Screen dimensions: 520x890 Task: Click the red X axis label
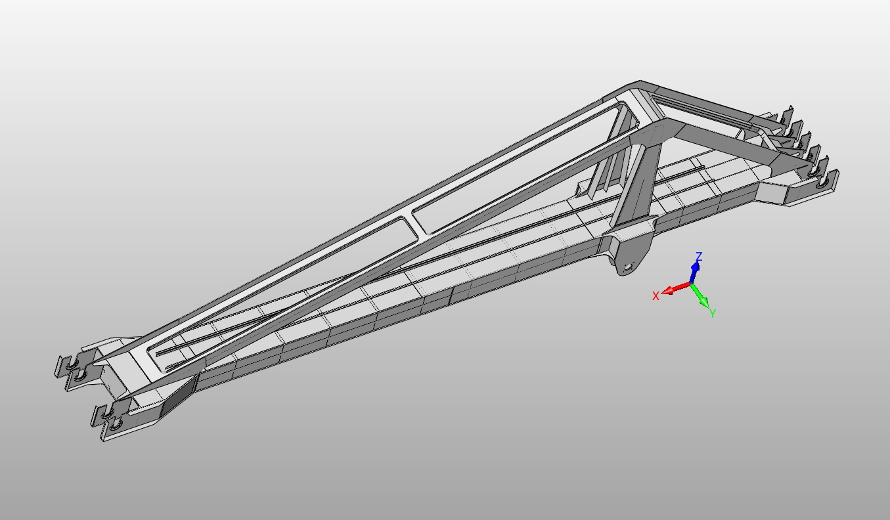[x=656, y=296]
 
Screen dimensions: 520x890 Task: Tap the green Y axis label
[x=712, y=313]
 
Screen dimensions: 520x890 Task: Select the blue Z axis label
[x=700, y=257]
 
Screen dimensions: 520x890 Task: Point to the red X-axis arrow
[x=674, y=289]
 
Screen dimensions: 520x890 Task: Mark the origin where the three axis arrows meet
[x=691, y=284]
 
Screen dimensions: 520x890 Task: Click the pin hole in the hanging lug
[x=627, y=267]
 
